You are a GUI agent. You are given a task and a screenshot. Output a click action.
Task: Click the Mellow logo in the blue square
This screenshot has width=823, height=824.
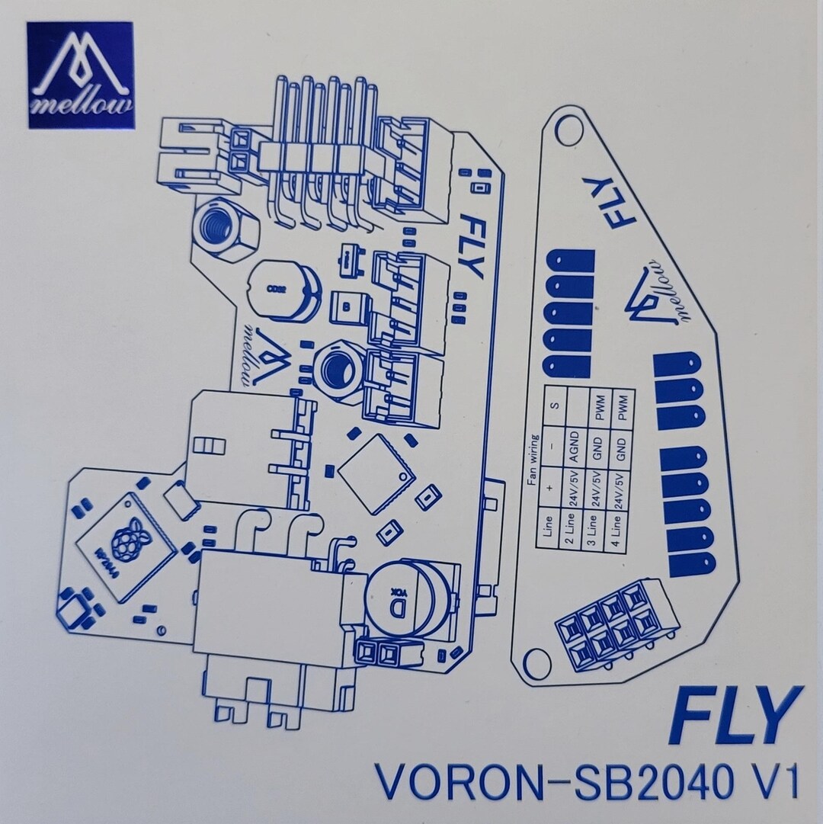coord(81,75)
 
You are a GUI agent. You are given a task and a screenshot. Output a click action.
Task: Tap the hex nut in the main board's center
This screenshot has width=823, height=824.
coord(336,370)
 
